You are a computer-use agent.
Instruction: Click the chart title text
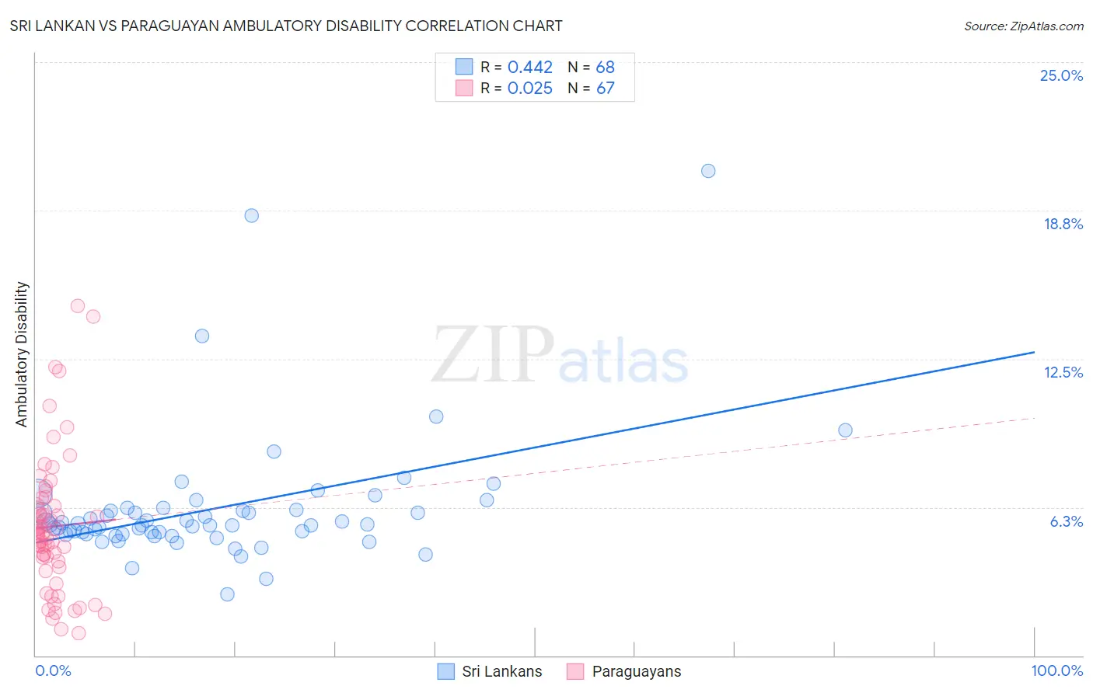click(286, 26)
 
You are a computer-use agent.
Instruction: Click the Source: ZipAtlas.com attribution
click(1023, 26)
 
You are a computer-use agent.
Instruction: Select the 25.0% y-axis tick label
click(1060, 75)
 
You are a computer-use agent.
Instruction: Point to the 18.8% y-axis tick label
click(1062, 224)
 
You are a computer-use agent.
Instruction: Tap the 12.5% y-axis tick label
click(1063, 372)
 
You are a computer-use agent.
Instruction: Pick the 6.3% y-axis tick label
click(1066, 521)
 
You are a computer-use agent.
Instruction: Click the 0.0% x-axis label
click(53, 670)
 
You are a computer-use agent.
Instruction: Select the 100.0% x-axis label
click(1056, 670)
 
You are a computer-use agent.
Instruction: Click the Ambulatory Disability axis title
click(22, 353)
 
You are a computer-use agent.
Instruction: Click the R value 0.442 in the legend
click(529, 68)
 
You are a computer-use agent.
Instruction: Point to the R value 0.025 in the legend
click(529, 89)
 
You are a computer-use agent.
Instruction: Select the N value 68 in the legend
click(605, 68)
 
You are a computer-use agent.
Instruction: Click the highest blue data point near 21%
click(708, 171)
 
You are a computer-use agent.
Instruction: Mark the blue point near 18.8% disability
click(251, 215)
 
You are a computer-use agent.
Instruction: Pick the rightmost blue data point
click(845, 430)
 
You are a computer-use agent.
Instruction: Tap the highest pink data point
click(78, 306)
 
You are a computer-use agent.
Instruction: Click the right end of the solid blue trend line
click(1034, 353)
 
